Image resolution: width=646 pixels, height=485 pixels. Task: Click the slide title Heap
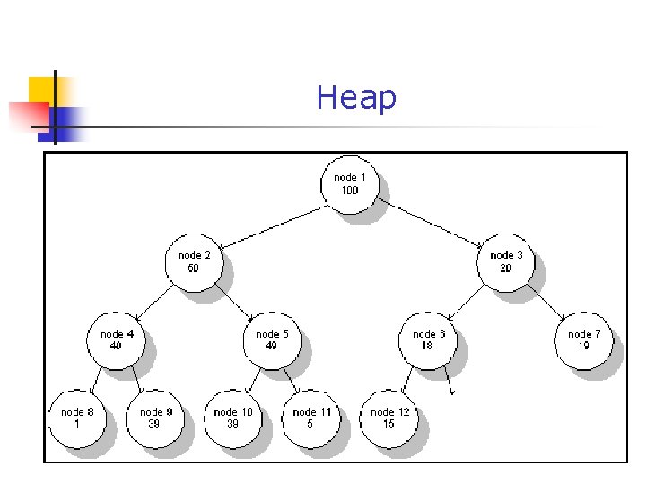[x=356, y=98]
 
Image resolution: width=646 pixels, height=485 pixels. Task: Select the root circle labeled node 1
[x=349, y=184]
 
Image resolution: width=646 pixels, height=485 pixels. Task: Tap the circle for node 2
[x=194, y=261]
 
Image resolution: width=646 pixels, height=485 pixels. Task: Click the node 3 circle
[x=506, y=261]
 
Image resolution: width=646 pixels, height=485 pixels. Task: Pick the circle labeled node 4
[x=117, y=339]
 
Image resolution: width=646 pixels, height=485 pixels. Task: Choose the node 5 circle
[x=272, y=339]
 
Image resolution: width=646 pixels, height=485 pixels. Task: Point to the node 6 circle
[x=428, y=339]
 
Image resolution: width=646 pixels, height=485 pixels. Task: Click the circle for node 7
[x=583, y=339]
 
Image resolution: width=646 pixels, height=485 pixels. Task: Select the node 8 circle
[x=77, y=418]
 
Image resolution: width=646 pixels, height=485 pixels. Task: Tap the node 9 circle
[x=155, y=418]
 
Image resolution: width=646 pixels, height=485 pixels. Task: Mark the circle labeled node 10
[x=233, y=418]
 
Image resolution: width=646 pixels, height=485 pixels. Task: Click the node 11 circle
[x=310, y=418]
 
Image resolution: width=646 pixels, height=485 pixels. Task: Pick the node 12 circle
[x=388, y=418]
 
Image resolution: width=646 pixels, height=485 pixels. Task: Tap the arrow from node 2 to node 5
[x=235, y=303]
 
